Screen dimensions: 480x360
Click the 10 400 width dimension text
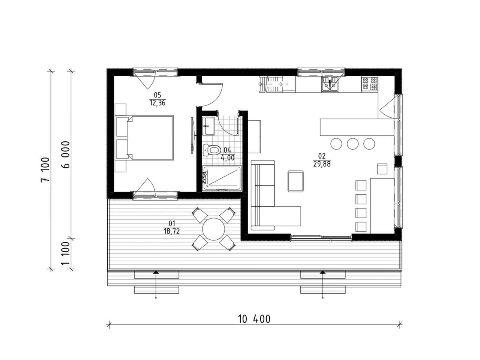254,319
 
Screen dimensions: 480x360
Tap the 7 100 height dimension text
45,169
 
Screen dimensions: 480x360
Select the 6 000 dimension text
65,154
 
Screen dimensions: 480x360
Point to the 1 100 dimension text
65,253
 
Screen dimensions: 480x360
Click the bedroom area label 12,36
157,103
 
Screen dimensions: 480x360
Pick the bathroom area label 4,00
228,157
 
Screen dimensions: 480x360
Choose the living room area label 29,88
322,164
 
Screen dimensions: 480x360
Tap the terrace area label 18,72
172,231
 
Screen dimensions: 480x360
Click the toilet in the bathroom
211,150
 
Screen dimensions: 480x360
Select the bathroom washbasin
208,126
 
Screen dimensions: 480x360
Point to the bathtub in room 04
222,178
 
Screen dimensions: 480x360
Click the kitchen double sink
330,84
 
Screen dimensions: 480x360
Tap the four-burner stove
370,84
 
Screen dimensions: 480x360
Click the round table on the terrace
213,229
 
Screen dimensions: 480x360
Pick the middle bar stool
352,144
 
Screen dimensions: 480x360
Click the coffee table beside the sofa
295,181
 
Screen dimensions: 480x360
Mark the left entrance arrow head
156,272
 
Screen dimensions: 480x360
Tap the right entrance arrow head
322,272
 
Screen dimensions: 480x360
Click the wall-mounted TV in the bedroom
192,134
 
